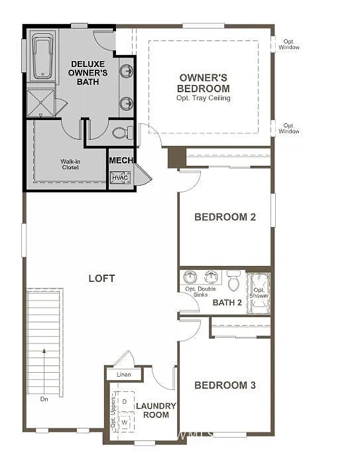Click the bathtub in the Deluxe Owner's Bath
[x=41, y=58]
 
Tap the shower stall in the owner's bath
[x=41, y=103]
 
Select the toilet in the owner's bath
[x=121, y=133]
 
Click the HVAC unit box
[x=120, y=178]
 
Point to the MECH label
[x=121, y=161]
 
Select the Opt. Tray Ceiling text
[x=204, y=98]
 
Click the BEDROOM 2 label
[x=225, y=217]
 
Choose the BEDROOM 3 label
[x=225, y=385]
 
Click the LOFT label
[x=101, y=279]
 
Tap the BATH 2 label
[x=227, y=302]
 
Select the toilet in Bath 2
[x=233, y=283]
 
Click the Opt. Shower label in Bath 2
[x=259, y=293]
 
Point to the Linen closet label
[x=123, y=375]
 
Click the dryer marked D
[x=124, y=401]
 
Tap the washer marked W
[x=124, y=422]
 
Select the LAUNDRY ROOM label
[x=156, y=410]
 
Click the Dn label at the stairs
[x=44, y=399]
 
